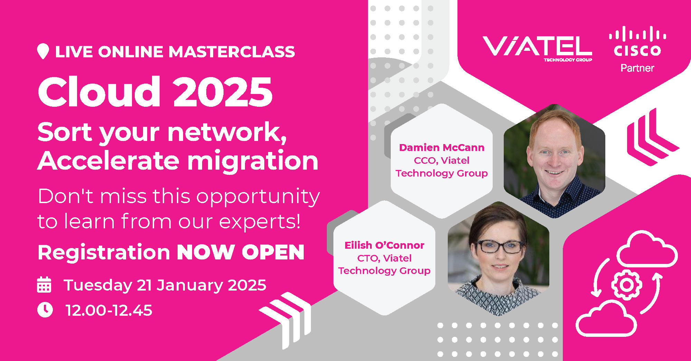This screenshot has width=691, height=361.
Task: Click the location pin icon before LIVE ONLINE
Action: [43, 51]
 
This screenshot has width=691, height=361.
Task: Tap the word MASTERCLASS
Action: [231, 52]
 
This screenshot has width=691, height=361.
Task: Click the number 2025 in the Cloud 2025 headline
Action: [223, 92]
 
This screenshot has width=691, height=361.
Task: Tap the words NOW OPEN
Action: [240, 252]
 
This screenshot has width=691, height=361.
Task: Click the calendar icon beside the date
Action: [44, 285]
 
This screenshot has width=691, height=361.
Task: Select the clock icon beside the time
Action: [45, 310]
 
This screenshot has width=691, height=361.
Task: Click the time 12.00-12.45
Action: [109, 310]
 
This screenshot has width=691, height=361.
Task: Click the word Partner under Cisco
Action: [637, 68]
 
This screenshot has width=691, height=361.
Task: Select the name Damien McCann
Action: [442, 148]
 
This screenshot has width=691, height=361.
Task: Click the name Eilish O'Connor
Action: [384, 245]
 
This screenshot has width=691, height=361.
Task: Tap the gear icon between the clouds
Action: [626, 285]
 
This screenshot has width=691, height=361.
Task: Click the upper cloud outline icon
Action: [647, 250]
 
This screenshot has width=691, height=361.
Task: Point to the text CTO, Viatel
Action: [384, 258]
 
